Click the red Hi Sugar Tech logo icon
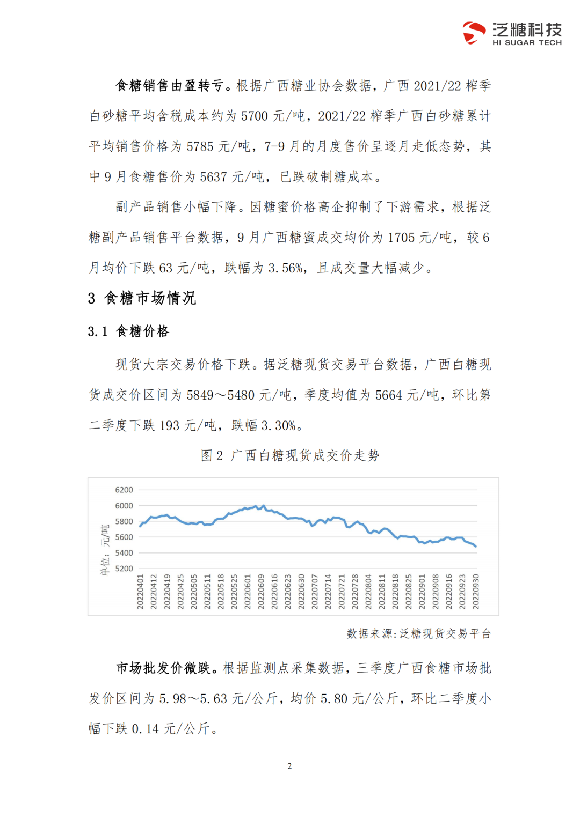click(x=474, y=33)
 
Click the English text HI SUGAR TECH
click(x=527, y=43)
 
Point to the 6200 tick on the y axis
click(x=124, y=490)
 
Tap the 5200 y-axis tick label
click(x=124, y=569)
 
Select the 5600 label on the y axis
click(x=124, y=537)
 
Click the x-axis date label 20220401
click(x=140, y=592)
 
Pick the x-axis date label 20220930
click(x=476, y=592)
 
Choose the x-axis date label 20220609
click(x=261, y=592)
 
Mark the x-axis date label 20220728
click(x=355, y=592)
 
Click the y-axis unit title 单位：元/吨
click(x=105, y=550)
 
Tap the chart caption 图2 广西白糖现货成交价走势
click(x=290, y=456)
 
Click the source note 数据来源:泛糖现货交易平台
click(x=418, y=634)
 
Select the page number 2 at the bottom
click(x=289, y=766)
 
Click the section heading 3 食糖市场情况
click(x=142, y=298)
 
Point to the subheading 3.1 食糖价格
click(x=128, y=331)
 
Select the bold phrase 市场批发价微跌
click(x=163, y=668)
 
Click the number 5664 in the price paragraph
click(x=388, y=395)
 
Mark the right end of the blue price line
click(x=476, y=547)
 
